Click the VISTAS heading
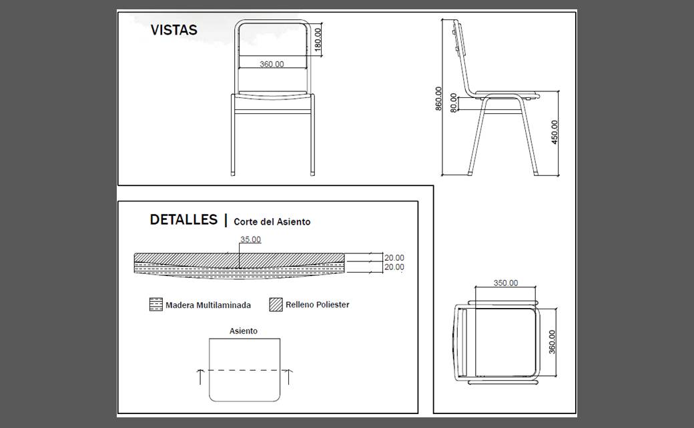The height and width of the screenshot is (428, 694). tap(173, 30)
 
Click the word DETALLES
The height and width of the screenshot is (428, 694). tap(184, 220)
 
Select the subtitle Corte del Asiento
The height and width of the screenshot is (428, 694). tap(272, 222)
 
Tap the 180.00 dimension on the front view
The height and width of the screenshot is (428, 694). tap(318, 40)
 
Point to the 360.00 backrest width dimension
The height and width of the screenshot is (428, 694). tap(272, 64)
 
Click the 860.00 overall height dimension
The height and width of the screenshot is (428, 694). tap(438, 98)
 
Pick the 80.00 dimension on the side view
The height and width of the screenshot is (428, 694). tap(454, 103)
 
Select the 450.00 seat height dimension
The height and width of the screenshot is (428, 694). tap(555, 132)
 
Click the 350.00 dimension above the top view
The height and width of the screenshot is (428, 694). tap(505, 283)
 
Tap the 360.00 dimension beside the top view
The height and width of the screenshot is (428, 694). tap(552, 342)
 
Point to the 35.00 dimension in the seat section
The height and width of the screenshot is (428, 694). tap(250, 239)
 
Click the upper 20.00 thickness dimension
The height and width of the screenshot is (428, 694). tap(394, 258)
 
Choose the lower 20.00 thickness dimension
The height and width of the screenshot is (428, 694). tap(394, 267)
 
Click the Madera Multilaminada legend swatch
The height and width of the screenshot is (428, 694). tap(155, 305)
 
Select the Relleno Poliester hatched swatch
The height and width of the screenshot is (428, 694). tap(276, 305)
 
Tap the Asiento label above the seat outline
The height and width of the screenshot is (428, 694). tap(244, 331)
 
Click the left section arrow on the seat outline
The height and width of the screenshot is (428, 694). tap(200, 376)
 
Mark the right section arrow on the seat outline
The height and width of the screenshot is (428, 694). tap(288, 376)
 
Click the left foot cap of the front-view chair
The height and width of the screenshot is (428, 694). tap(234, 173)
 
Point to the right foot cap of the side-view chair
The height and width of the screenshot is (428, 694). tap(537, 173)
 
